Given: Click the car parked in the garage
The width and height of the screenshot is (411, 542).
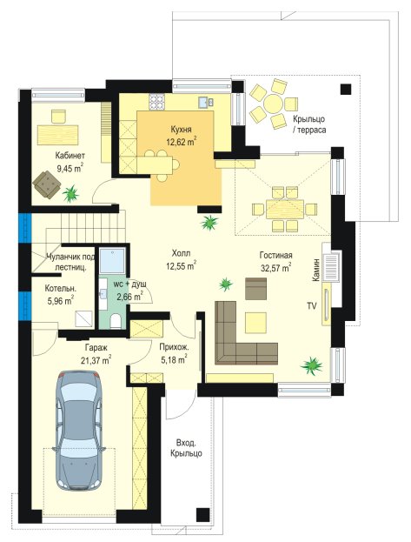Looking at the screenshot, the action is click(x=79, y=430).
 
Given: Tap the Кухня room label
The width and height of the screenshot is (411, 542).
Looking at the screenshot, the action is click(x=181, y=130).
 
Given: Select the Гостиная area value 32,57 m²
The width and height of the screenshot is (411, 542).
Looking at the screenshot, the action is click(x=275, y=268).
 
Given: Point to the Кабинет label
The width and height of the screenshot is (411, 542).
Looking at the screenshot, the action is click(x=70, y=156).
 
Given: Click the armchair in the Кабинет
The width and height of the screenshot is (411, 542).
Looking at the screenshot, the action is click(x=47, y=184).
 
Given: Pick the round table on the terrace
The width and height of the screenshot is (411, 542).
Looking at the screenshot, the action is click(x=273, y=104).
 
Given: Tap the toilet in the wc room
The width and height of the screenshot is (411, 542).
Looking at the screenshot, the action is click(x=116, y=321).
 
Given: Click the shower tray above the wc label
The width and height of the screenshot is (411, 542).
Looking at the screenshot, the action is click(x=112, y=259).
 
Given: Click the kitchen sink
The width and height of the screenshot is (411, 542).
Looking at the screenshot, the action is click(x=206, y=102).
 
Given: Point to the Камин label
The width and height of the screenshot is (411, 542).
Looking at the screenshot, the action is click(x=315, y=270).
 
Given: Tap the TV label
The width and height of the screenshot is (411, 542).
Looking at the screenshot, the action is click(x=312, y=306).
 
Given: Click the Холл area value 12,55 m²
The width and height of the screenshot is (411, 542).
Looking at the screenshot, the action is click(x=181, y=266).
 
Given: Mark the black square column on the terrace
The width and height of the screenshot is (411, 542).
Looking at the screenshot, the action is click(x=346, y=90).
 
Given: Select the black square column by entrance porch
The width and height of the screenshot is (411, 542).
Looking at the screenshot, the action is click(x=202, y=514).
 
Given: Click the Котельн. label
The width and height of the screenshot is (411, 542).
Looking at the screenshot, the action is click(x=61, y=288).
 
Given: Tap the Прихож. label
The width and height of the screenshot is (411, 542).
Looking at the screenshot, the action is click(x=174, y=347).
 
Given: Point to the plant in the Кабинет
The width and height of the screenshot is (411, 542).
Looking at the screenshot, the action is click(x=70, y=193).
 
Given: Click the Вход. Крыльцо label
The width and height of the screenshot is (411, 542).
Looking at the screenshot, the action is click(x=186, y=448).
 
